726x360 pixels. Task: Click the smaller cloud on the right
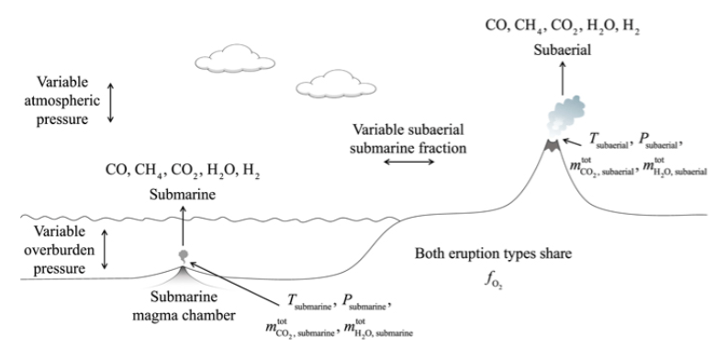click(x=330, y=84)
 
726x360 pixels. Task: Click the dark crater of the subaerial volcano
click(x=554, y=145)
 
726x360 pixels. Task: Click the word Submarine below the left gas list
click(x=183, y=194)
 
